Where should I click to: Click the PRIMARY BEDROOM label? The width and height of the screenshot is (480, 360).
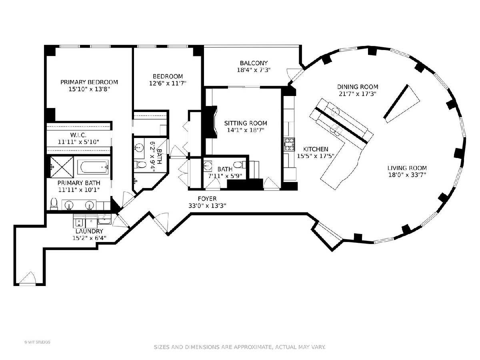tap(89, 82)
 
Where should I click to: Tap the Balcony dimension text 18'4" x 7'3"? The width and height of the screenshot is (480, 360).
tap(254, 70)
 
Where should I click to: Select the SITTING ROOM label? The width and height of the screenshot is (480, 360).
tap(245, 123)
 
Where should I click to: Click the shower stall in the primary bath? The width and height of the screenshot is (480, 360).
tap(62, 167)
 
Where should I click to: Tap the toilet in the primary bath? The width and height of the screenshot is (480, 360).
tap(54, 203)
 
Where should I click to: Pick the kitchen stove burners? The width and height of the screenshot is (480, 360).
tap(289, 144)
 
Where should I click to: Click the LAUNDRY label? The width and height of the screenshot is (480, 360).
tap(89, 231)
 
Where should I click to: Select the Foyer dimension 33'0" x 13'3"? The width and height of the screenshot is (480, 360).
tap(207, 206)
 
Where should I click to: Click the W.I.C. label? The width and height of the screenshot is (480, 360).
tap(78, 135)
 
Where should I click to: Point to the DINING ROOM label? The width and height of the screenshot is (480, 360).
tap(358, 87)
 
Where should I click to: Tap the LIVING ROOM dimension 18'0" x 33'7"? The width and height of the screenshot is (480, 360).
tap(407, 175)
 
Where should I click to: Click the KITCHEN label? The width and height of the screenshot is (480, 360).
tap(315, 149)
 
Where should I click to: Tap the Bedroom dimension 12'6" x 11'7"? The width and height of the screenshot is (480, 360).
tap(168, 83)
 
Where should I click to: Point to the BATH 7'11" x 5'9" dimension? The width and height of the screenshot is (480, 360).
tap(225, 176)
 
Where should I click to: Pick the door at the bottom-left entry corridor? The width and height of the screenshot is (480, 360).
tap(27, 278)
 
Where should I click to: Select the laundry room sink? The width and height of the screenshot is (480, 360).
tap(104, 219)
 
